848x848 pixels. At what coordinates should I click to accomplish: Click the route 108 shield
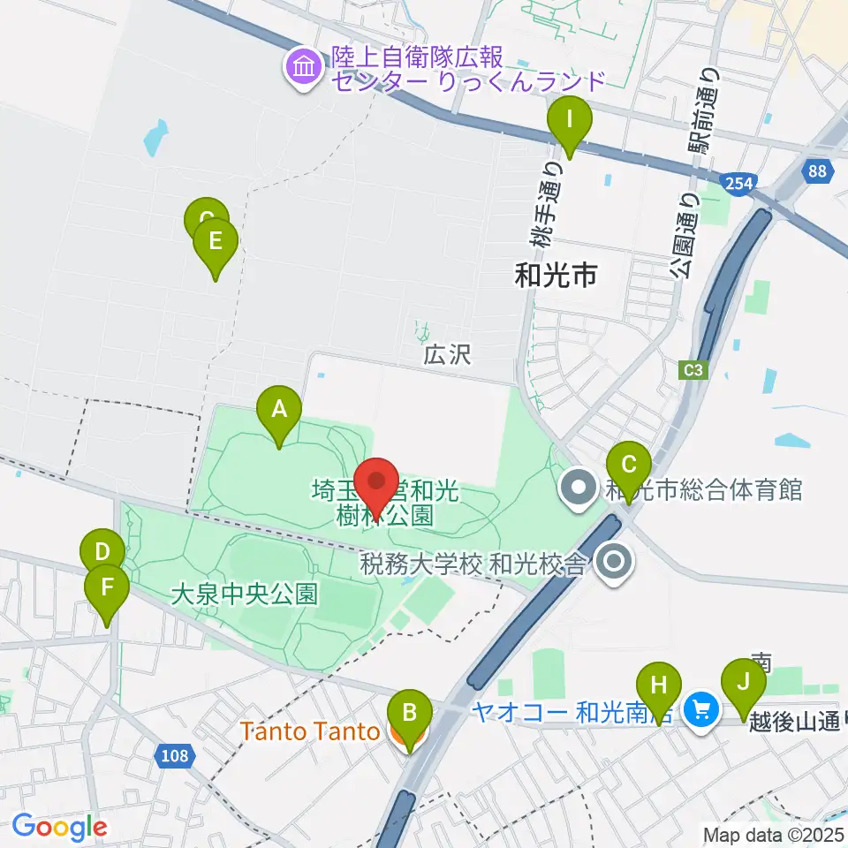pyautogui.click(x=175, y=755)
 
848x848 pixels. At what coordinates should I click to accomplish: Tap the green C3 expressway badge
pyautogui.click(x=695, y=371)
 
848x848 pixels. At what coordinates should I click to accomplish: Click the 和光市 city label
pyautogui.click(x=556, y=276)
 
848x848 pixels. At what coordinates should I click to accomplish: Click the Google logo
pyautogui.click(x=59, y=828)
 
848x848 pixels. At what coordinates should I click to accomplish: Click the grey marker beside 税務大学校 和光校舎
pyautogui.click(x=611, y=561)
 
